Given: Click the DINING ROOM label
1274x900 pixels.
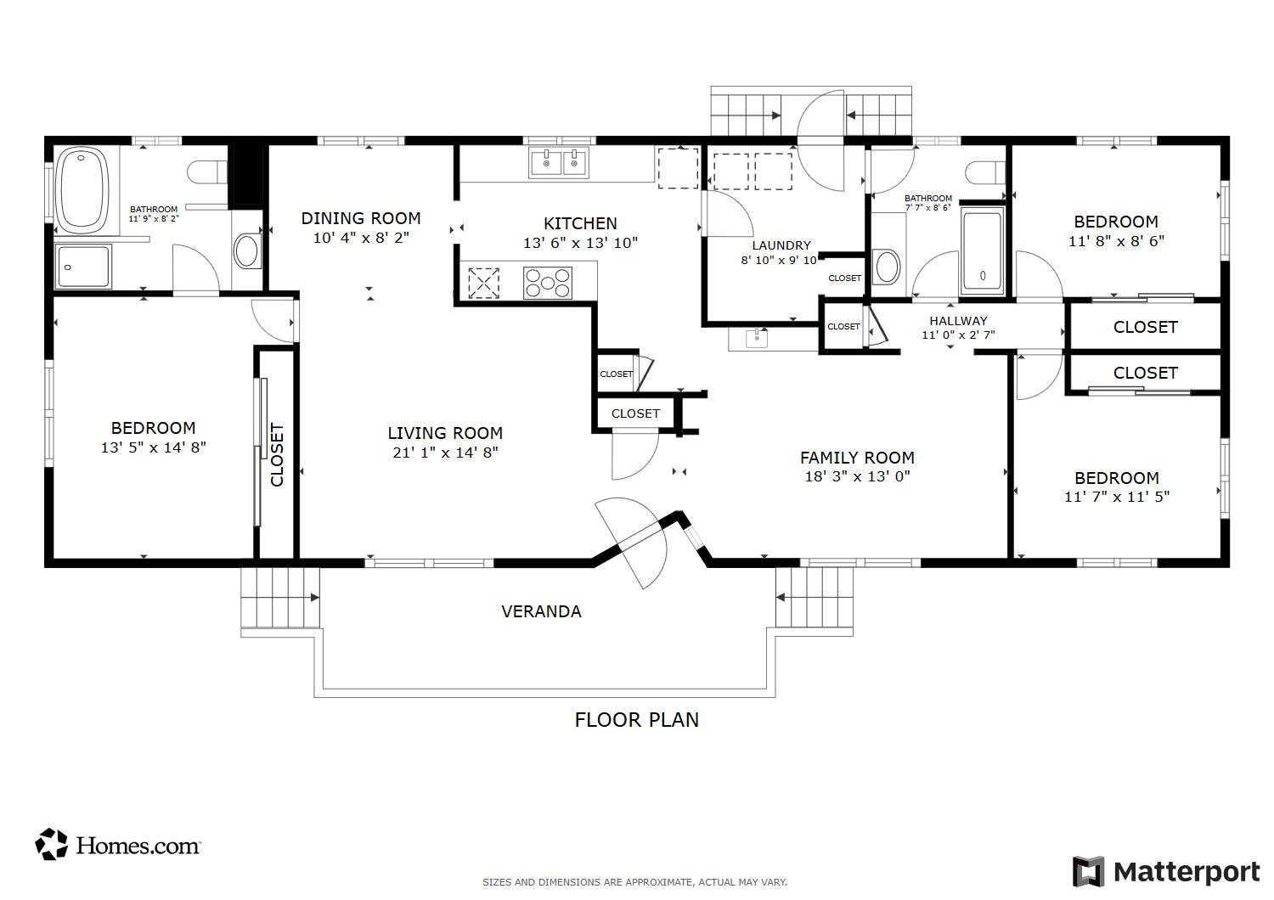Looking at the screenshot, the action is click(x=361, y=218).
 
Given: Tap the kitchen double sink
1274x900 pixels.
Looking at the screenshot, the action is click(x=558, y=163).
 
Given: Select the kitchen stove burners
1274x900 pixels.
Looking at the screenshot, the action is click(x=547, y=283).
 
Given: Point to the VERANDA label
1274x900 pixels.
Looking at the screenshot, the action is click(x=541, y=611).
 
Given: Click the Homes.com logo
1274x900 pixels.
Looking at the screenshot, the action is click(x=117, y=845).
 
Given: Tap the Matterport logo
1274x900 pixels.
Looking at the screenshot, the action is click(x=1166, y=872).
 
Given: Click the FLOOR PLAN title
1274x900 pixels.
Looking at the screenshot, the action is click(x=636, y=720).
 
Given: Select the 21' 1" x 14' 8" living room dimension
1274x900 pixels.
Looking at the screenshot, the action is click(x=445, y=453).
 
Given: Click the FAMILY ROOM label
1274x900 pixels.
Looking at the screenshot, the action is click(x=857, y=458).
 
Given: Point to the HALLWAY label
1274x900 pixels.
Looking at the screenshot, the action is click(x=958, y=321).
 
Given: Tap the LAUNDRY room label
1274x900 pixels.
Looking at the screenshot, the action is click(x=781, y=245).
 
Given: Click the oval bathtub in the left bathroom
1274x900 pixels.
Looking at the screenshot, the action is click(x=83, y=190).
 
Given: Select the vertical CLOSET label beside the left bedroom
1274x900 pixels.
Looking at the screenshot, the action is click(x=276, y=455).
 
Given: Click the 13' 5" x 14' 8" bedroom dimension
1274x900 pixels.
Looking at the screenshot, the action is click(x=153, y=448).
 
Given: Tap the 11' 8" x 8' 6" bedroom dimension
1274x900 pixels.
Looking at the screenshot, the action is click(x=1116, y=241).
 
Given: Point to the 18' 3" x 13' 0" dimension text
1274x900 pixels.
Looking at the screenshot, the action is click(x=857, y=476).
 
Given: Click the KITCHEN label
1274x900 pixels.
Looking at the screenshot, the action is click(x=580, y=223).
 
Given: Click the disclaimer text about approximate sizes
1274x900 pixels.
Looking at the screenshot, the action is click(x=634, y=882).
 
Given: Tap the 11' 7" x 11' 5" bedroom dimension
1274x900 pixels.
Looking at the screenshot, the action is click(x=1117, y=497).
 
